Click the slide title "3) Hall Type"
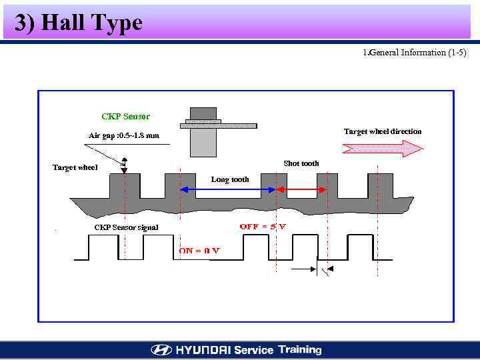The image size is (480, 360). point(79,23)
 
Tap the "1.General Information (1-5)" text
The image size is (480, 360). point(415,53)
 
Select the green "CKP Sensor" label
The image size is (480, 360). point(126,117)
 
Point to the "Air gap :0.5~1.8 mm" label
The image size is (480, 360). point(124,136)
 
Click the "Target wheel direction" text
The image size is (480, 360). point(383,131)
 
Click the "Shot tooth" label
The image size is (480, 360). point(301,163)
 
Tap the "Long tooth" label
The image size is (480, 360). point(230,179)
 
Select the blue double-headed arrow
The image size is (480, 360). point(227,191)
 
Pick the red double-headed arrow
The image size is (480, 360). point(301,191)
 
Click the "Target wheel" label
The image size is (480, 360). point(75,167)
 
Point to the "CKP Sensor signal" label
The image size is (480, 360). point(126,227)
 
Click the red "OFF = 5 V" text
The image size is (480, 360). point(263,227)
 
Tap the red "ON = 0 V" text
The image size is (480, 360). point(199,251)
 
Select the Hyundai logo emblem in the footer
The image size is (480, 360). point(161,350)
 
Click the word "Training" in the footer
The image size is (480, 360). point(300,349)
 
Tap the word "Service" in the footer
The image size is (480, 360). point(253,350)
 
